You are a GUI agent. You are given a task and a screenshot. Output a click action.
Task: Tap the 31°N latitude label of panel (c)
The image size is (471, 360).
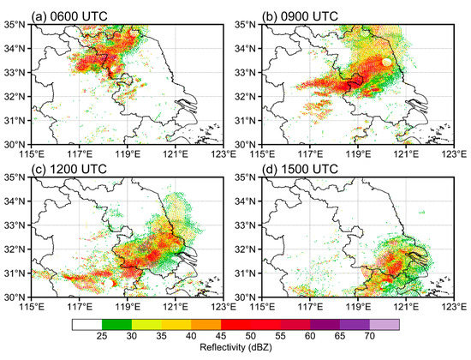(16, 273)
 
